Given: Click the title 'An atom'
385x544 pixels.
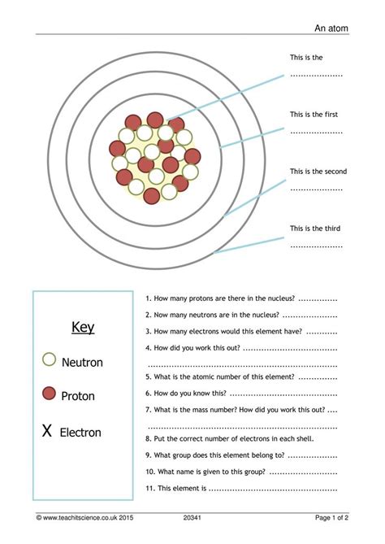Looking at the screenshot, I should [331, 28].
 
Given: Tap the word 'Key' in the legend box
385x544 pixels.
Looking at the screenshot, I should [83, 328].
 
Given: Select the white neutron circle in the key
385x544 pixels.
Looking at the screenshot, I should [49, 359].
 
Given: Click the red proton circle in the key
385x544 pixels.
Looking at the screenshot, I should [49, 394].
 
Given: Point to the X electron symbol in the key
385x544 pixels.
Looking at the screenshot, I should [47, 431].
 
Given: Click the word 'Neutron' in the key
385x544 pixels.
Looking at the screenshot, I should [82, 363].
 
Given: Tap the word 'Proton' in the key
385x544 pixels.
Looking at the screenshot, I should [78, 396].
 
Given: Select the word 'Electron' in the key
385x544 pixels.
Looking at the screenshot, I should [80, 433].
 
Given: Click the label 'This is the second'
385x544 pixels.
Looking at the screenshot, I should [318, 172].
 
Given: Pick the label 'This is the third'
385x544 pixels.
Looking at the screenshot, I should [316, 228].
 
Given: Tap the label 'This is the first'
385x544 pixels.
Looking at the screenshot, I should [316, 115].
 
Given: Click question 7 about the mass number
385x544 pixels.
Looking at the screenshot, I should [236, 409].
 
